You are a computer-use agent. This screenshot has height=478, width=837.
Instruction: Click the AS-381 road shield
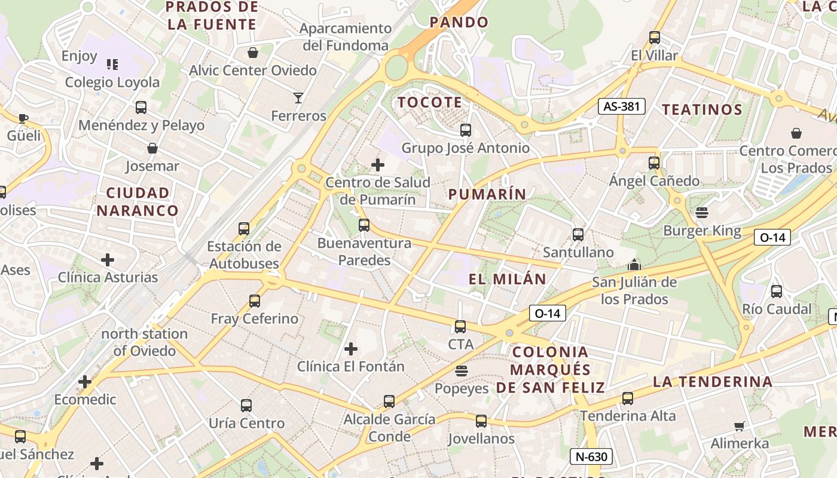point(622,106)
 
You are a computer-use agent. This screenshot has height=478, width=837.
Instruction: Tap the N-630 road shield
point(591,456)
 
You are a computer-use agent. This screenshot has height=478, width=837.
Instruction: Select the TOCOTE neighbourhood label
point(430,102)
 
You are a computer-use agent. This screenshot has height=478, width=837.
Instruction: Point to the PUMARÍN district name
point(487,194)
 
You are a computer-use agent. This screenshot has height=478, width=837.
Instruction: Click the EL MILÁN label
point(507,279)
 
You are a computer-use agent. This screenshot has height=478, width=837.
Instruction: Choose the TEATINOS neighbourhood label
point(702,109)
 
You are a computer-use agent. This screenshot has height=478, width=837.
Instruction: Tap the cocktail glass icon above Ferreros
point(298,97)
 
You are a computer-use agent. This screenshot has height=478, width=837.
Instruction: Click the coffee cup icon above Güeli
point(23,118)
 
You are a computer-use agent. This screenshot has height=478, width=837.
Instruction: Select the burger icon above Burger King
point(702,212)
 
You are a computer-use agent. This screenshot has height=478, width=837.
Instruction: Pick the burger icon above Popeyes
point(461,371)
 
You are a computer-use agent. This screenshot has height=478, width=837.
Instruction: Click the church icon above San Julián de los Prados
point(634,264)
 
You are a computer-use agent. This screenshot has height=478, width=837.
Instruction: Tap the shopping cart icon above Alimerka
point(740,426)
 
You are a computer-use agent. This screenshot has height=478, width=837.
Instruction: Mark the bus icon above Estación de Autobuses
point(244,228)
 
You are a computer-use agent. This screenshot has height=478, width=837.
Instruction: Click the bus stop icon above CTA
point(460,326)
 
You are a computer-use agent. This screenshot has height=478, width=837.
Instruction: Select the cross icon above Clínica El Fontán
point(351,348)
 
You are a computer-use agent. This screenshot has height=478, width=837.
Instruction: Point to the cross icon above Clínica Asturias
point(108,260)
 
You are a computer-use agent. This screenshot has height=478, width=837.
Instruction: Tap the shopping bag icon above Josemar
point(152,148)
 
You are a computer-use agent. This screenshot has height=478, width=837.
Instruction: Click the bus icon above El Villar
point(655,38)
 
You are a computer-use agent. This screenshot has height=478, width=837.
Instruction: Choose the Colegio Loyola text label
point(112,82)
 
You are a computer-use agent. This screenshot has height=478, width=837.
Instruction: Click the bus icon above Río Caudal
point(777,292)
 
